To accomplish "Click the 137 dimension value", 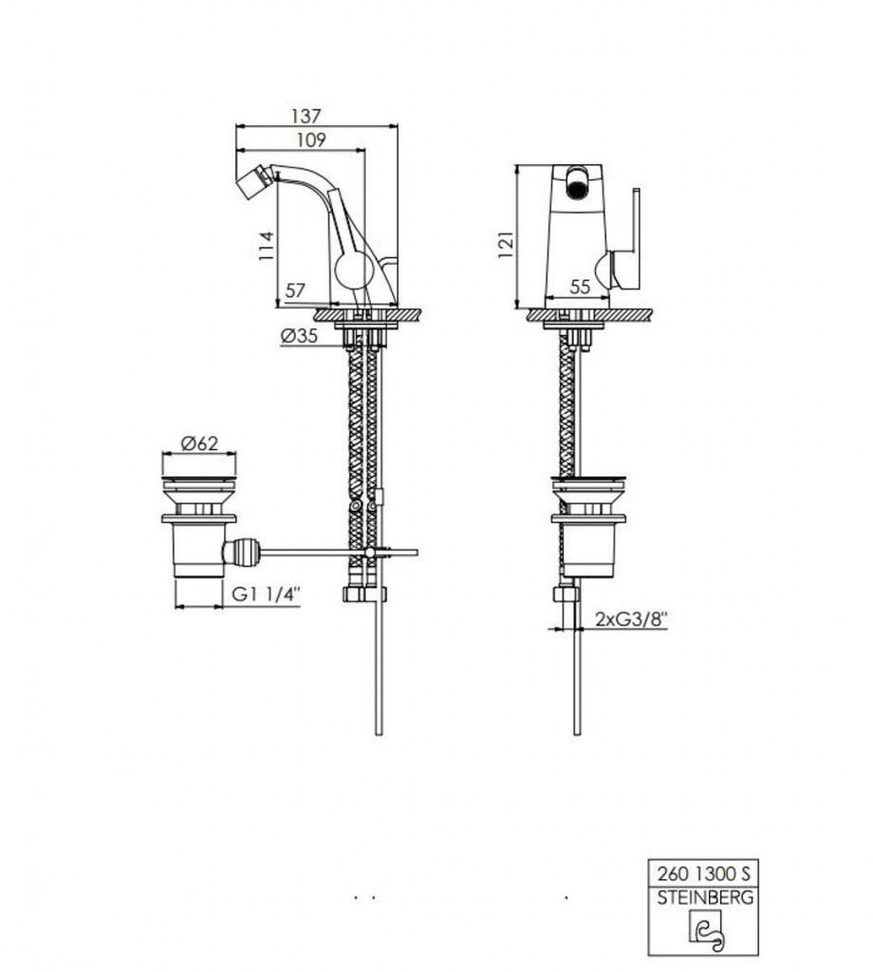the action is pos(306,115).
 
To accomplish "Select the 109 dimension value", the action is pos(310,140).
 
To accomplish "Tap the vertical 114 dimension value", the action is pos(266,245).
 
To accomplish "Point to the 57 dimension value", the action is pos(295,290).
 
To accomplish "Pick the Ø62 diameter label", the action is pos(199,443).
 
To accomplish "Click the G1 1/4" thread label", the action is pos(266,593).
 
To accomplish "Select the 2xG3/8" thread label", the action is pos(631,618).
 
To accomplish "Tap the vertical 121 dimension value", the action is pos(506,245).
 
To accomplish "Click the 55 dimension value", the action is pos(580,287).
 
